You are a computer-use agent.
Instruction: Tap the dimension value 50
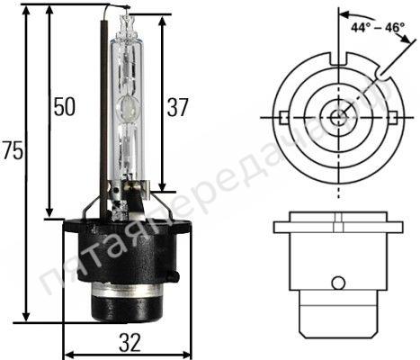click(62, 107)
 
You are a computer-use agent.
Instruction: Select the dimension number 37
click(178, 107)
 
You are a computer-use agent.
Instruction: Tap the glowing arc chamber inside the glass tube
click(129, 112)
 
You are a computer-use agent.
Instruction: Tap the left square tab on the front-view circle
click(282, 117)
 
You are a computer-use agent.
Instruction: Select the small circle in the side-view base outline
click(337, 283)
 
